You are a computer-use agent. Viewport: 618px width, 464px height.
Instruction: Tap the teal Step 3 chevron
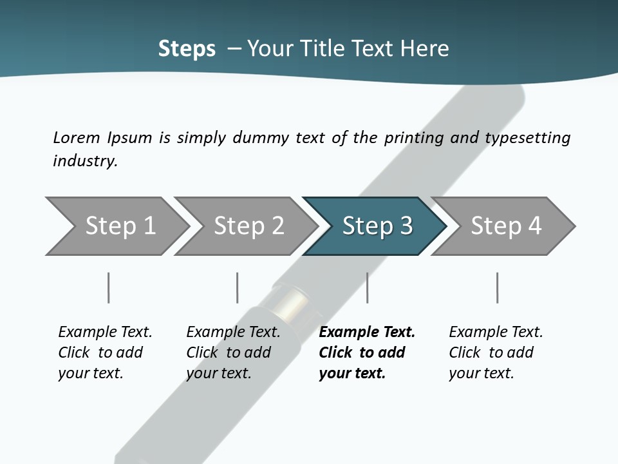[377, 226]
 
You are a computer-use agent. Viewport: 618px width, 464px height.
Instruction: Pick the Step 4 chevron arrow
[505, 226]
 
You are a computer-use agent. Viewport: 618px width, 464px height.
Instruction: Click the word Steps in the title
[187, 49]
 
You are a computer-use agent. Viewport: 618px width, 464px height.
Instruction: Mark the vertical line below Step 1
[108, 287]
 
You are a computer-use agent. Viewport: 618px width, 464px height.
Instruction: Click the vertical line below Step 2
[238, 287]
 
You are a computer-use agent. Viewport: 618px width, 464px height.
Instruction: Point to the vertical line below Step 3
[367, 287]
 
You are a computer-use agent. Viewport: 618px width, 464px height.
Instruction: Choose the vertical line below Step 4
[497, 287]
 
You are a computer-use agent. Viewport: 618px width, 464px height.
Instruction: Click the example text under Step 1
[105, 353]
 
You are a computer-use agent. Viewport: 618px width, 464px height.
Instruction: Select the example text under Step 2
[233, 353]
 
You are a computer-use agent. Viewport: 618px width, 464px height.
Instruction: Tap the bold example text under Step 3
[366, 353]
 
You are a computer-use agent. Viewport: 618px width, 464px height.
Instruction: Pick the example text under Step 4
[496, 353]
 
